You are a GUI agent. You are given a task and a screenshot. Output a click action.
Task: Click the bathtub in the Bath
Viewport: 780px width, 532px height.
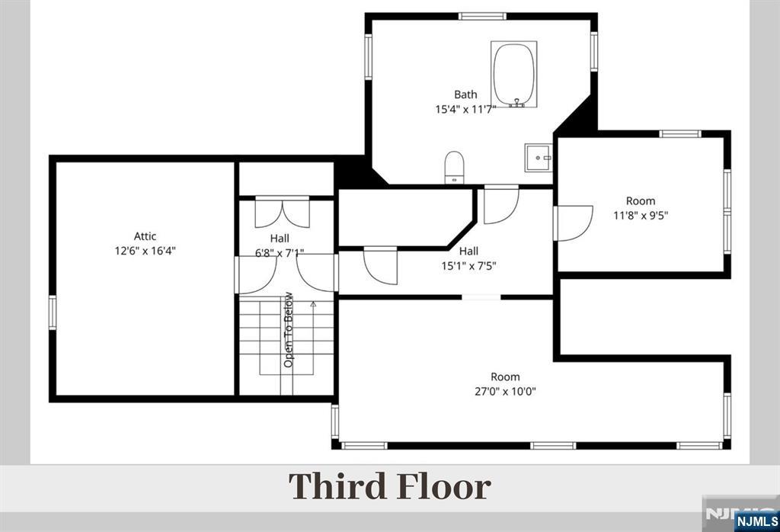(x=514, y=75)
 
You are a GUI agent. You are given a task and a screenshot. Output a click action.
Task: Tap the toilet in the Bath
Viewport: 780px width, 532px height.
(x=454, y=167)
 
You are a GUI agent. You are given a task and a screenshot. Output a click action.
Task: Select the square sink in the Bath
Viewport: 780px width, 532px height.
(x=539, y=158)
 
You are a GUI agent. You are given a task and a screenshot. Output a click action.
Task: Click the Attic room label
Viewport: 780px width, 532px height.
(x=145, y=236)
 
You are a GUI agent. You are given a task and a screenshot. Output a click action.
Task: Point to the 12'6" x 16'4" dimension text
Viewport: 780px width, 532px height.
(x=145, y=251)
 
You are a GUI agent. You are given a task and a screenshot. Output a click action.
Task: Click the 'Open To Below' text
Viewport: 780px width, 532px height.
(x=289, y=329)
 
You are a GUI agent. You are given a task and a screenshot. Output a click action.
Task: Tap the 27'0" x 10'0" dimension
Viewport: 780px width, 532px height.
(x=506, y=391)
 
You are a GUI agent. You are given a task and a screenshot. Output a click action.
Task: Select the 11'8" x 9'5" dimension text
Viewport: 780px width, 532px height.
(x=641, y=216)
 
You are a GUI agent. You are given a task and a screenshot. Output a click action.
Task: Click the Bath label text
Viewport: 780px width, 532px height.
(x=465, y=95)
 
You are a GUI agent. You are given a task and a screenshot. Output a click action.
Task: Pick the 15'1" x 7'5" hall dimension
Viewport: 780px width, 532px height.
(x=468, y=266)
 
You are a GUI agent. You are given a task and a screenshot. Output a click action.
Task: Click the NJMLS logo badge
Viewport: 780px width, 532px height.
(x=756, y=521)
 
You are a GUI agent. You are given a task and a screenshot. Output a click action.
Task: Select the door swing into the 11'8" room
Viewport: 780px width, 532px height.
(x=574, y=223)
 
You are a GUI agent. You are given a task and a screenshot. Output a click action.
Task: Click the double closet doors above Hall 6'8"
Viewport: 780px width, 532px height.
(x=282, y=213)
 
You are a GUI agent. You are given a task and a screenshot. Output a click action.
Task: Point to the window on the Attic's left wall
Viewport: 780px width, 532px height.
(x=53, y=312)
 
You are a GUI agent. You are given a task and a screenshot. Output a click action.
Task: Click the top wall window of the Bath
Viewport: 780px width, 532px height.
(x=482, y=17)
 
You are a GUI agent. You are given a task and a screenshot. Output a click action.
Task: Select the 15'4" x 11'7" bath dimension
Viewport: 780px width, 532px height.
(x=465, y=110)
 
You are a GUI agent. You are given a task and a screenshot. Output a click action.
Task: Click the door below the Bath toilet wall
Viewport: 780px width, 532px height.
(x=501, y=204)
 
